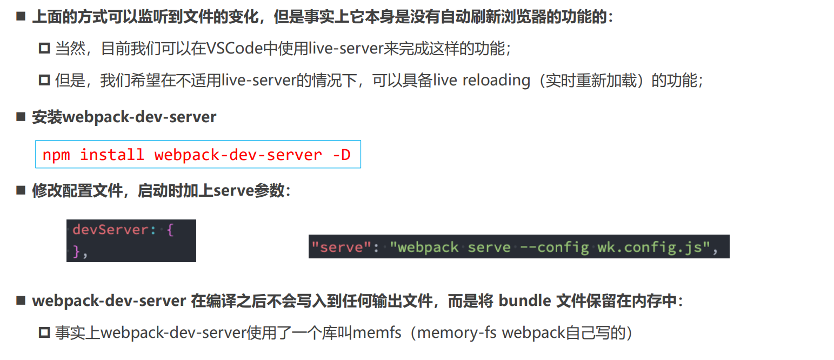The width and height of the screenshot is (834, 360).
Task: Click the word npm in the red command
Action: pyautogui.click(x=56, y=155)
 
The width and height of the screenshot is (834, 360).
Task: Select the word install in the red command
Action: pyautogui.click(x=112, y=155)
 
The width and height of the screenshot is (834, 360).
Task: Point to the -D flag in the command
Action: pyautogui.click(x=341, y=155)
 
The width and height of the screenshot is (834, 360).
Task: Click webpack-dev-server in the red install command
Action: pyautogui.click(x=238, y=155)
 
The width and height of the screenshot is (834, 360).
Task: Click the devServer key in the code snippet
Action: pyautogui.click(x=110, y=230)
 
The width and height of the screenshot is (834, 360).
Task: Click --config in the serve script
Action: pyautogui.click(x=553, y=248)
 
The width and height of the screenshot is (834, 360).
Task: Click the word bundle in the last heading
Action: pyautogui.click(x=524, y=301)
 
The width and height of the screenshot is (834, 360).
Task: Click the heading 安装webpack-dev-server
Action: pyautogui.click(x=124, y=117)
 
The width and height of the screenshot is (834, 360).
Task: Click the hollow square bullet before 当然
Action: pyautogui.click(x=44, y=49)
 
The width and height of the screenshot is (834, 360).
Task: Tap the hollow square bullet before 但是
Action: pyautogui.click(x=44, y=81)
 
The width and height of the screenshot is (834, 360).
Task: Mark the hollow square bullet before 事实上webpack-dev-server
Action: pyautogui.click(x=44, y=333)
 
